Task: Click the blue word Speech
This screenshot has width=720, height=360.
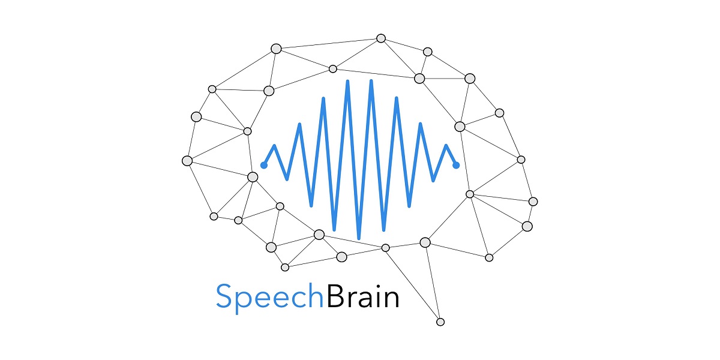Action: coord(269,298)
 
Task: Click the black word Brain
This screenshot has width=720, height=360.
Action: coord(363,296)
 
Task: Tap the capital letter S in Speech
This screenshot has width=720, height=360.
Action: coord(224,296)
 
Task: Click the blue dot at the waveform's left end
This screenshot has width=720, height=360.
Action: coord(263,165)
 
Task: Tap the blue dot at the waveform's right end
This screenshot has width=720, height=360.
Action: coord(456,165)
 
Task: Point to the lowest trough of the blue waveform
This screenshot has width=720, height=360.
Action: coord(359,238)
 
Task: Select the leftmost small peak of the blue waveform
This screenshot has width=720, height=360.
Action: coord(274,146)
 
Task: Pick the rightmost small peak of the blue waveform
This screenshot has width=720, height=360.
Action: coord(446,146)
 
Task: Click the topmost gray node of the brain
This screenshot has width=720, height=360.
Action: coord(381,38)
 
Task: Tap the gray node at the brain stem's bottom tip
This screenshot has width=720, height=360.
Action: coord(440,322)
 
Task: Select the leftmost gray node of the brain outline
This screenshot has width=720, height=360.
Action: coord(187,161)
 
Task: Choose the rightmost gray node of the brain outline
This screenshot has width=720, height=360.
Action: coord(533,202)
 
